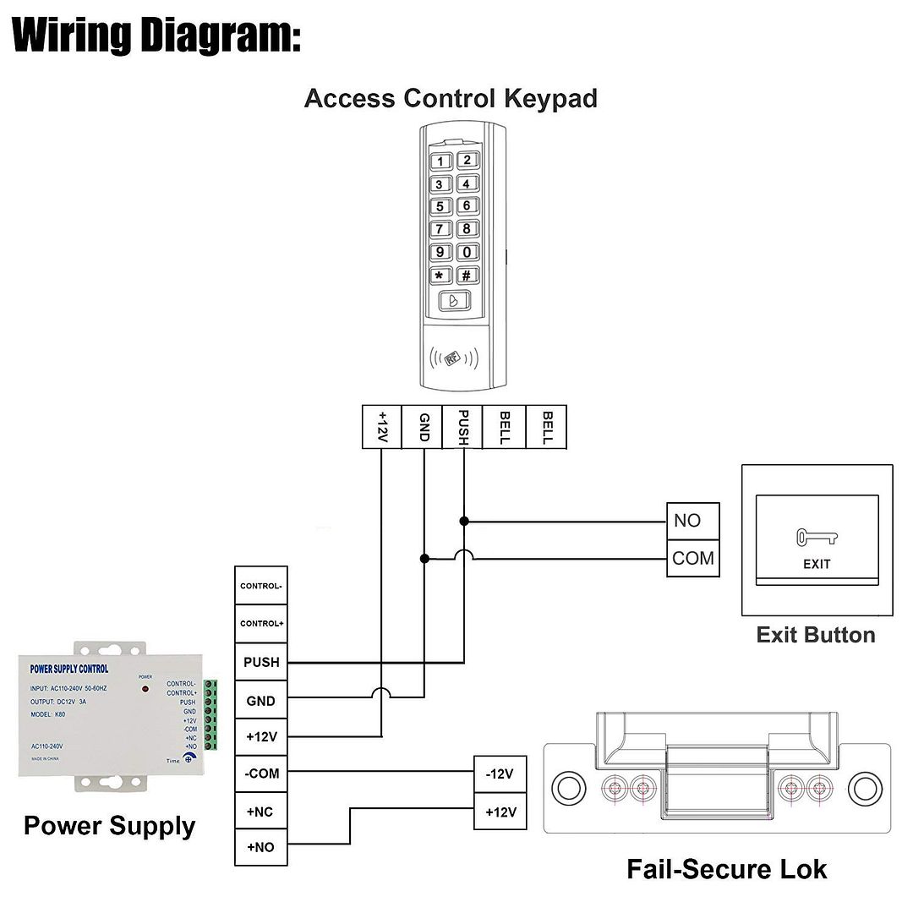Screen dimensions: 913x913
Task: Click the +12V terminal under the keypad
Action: [x=381, y=427]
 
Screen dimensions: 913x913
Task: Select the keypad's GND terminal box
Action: [x=424, y=427]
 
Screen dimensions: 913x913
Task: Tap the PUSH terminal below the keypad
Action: [x=463, y=427]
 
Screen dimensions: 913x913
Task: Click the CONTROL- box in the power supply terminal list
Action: [x=261, y=586]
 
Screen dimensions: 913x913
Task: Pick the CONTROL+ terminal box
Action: [x=261, y=624]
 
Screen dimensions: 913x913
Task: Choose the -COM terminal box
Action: [x=261, y=774]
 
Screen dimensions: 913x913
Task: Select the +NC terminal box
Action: [x=261, y=812]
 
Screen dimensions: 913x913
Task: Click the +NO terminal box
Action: [x=261, y=847]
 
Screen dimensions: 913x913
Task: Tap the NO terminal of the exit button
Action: [x=692, y=521]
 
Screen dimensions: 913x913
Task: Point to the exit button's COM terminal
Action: [x=692, y=559]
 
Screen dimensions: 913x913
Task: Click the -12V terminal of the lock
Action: [x=500, y=774]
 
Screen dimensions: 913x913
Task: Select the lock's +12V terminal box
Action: [x=500, y=812]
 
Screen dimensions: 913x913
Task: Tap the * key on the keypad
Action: [x=440, y=276]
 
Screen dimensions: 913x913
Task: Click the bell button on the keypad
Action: [x=455, y=302]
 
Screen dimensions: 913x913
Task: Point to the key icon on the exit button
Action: [x=816, y=537]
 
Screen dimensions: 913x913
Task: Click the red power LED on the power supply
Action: [x=145, y=690]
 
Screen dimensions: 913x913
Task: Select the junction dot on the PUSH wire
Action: [x=463, y=521]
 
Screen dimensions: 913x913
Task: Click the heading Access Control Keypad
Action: [x=451, y=98]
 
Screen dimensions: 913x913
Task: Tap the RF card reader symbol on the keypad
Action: [x=455, y=358]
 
